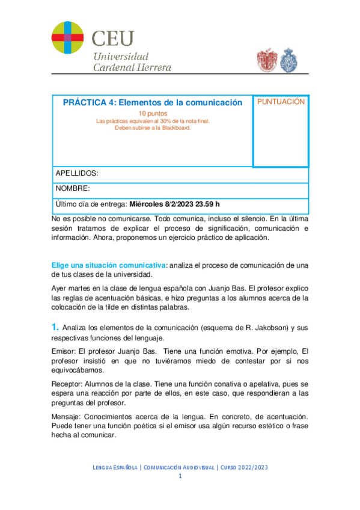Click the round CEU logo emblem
68,37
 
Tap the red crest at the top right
266,59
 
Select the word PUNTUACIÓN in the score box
281,102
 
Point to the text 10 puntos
153,113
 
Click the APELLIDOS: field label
76,173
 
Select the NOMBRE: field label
73,188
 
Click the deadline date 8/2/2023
188,204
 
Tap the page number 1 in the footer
180,476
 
